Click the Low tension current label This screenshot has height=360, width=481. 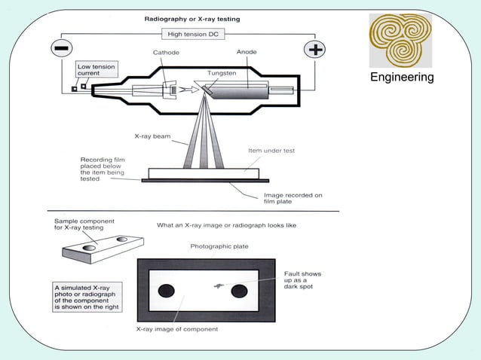pos(96,70)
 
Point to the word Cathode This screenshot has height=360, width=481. pos(166,53)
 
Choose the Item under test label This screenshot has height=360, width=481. pos(271,151)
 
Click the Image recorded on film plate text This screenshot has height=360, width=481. pos(298,199)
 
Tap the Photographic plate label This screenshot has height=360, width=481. pos(219,246)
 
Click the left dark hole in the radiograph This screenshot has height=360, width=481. pos(166,291)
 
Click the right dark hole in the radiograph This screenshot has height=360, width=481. pos(240,291)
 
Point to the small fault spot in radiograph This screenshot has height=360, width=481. pos(218,285)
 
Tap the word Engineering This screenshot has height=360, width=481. pos(401,78)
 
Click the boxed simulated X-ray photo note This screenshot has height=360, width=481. pos(89,295)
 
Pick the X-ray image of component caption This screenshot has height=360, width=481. pos(176,329)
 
